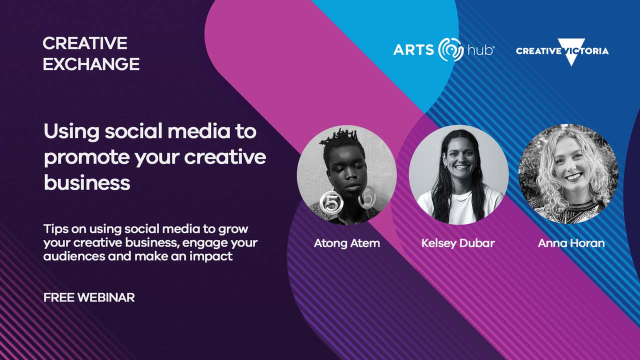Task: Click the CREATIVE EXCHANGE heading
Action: coord(90,53)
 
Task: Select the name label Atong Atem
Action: coord(346,243)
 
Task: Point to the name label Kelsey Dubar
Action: coord(458,243)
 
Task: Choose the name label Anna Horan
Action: coord(571,243)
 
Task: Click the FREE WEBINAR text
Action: coord(89,297)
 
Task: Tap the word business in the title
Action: coord(87,182)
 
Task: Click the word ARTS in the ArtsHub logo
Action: coord(413,50)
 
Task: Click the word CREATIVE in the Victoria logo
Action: coord(538,51)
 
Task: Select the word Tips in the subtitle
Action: coord(53,229)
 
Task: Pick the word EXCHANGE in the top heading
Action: coord(91,64)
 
